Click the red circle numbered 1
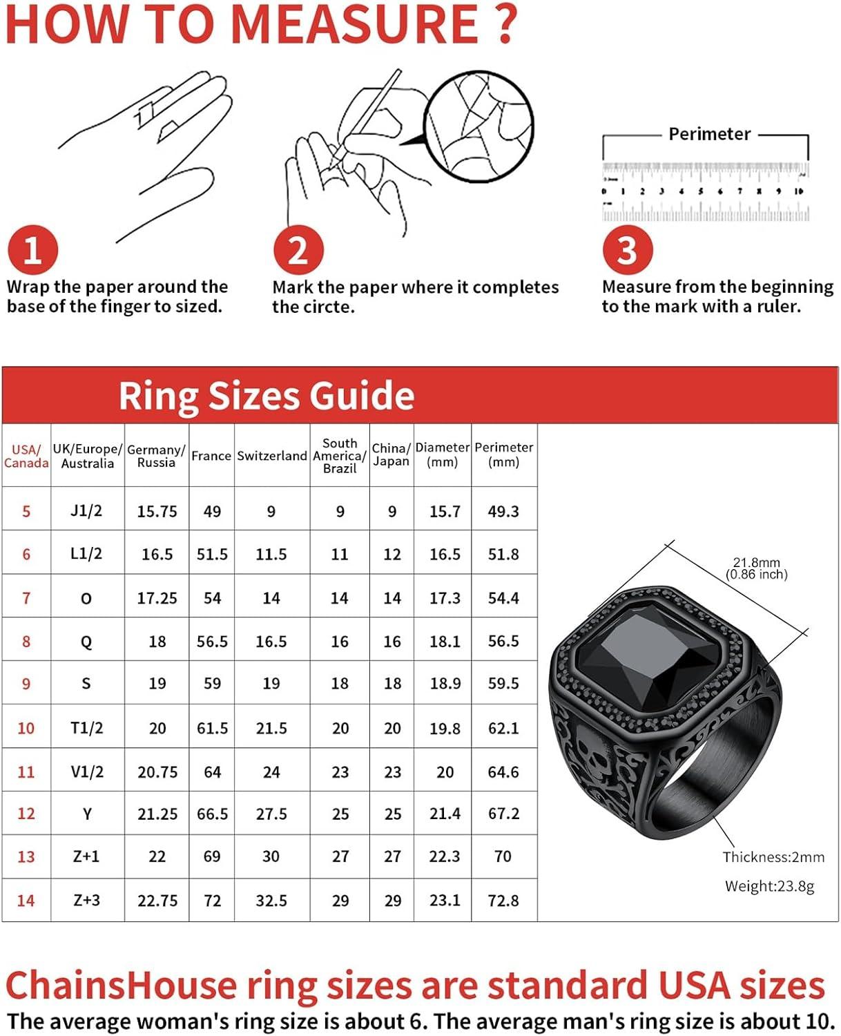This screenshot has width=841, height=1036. point(32,249)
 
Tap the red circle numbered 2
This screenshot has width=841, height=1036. point(298,249)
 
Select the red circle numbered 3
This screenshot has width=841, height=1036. point(627,249)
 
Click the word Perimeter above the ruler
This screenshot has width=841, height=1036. point(709,134)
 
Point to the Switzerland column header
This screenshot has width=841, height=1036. point(271,456)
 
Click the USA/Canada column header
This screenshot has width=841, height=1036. point(26,456)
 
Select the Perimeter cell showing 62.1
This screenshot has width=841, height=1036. point(503,728)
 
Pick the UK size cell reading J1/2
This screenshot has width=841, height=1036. point(86,511)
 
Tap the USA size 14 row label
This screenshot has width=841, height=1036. point(26,901)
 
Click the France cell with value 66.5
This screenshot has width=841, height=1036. point(212,814)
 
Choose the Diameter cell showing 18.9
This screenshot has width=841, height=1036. point(445,684)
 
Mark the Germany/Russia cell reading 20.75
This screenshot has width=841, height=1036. point(157,772)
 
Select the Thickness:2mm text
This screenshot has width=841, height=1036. point(773,857)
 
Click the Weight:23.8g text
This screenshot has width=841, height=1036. point(769,886)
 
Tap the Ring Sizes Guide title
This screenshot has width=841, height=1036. point(266,396)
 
